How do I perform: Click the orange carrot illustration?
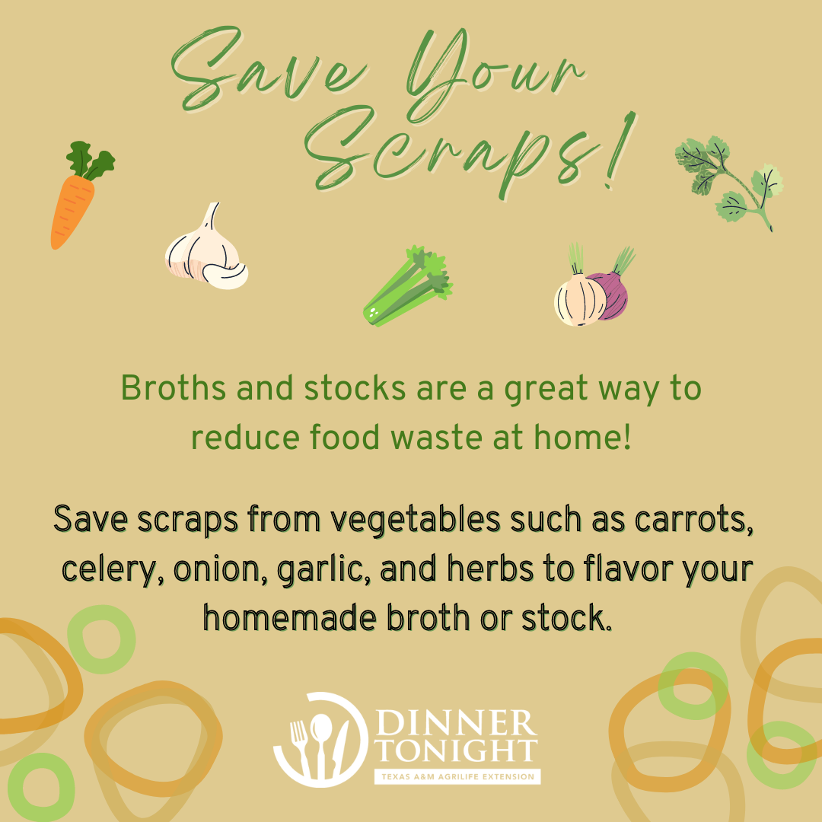click(x=73, y=210)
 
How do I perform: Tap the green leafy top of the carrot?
click(x=90, y=160)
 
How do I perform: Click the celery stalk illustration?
click(x=407, y=285)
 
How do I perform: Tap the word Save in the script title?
click(x=267, y=68)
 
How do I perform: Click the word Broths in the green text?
click(x=174, y=388)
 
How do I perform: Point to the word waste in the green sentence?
click(x=436, y=438)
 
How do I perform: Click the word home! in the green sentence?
click(x=582, y=437)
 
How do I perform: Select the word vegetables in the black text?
click(x=415, y=521)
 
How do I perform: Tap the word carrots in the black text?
click(x=693, y=520)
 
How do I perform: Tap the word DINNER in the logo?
click(x=456, y=723)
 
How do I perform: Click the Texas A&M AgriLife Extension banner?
click(x=457, y=776)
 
